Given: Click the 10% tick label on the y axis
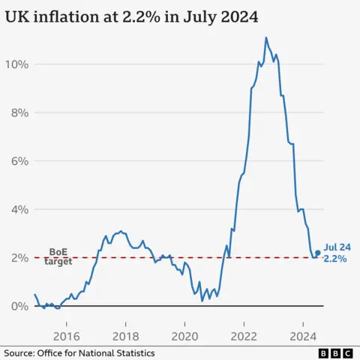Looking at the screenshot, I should tap(17, 64).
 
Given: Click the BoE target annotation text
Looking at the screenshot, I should tap(59, 256).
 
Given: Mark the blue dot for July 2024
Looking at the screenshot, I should tap(318, 253).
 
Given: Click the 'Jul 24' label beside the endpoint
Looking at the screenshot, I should tap(337, 246).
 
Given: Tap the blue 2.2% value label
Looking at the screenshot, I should tap(334, 259).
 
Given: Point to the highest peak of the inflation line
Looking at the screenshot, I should tap(265, 37).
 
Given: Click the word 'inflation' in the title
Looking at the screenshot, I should tap(69, 16).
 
